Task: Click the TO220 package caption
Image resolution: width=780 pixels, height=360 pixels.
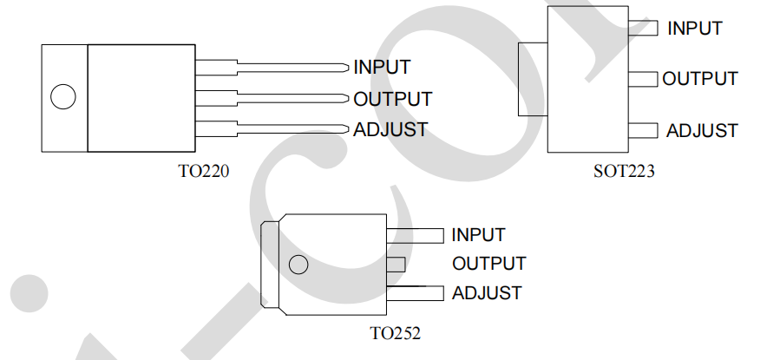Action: (x=204, y=171)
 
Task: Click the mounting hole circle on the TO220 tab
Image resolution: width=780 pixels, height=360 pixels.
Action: (x=62, y=97)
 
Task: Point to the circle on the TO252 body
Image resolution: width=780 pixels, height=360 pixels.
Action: (x=298, y=265)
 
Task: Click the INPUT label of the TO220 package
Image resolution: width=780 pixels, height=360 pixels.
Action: (x=382, y=67)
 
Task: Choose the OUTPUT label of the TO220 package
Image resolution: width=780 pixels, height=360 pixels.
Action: (x=392, y=99)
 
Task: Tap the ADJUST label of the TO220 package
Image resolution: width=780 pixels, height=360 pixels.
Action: (x=390, y=130)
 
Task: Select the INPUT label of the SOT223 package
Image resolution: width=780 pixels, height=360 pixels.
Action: (x=695, y=28)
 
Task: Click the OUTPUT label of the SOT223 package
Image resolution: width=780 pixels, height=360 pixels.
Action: (x=700, y=79)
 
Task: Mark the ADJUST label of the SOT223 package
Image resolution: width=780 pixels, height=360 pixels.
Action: (x=702, y=131)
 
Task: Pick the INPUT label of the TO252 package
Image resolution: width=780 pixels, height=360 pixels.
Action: (x=478, y=234)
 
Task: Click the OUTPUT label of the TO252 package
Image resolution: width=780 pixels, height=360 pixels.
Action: (x=488, y=263)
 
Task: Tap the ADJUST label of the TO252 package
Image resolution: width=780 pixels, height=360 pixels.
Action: (x=487, y=293)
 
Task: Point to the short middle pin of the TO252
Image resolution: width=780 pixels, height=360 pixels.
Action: (x=395, y=264)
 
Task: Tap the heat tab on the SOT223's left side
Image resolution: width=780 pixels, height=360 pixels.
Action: (x=531, y=79)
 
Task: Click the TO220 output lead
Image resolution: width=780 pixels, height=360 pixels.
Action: (x=278, y=98)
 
